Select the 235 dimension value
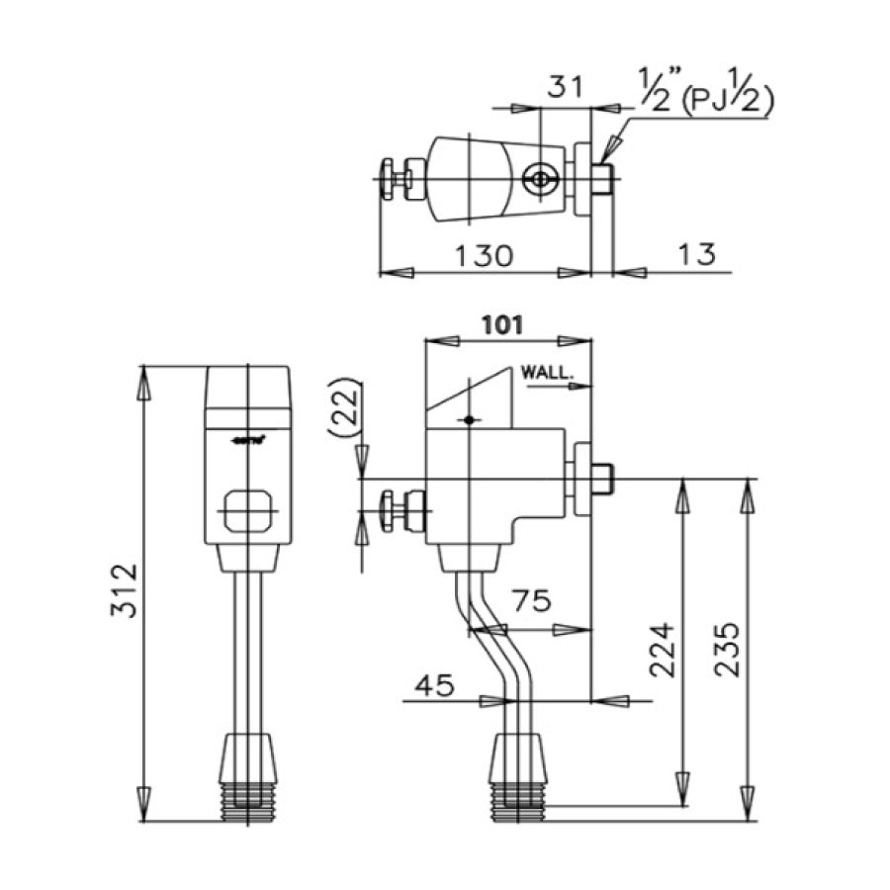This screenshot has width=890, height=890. point(727,649)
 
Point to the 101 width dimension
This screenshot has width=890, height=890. point(502,323)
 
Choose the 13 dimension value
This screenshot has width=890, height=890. point(697,255)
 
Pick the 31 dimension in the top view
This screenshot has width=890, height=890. point(565,89)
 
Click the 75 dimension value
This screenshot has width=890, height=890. point(531,602)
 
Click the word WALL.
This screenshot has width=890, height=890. point(546,374)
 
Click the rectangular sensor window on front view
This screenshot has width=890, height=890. point(247,511)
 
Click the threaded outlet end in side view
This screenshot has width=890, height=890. point(517,801)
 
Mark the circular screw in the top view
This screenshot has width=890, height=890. point(540,180)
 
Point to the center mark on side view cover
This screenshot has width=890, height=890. point(472,420)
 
